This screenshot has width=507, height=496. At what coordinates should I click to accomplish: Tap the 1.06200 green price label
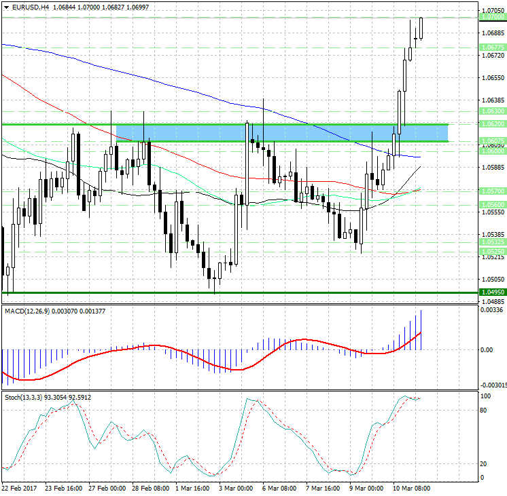491,124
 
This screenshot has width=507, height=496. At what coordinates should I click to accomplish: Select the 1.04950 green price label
491,292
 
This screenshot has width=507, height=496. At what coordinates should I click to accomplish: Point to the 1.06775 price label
491,47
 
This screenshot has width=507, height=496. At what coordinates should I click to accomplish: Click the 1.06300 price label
491,111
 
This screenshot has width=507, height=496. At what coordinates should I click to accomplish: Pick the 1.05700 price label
491,191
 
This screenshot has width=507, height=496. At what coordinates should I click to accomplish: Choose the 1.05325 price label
491,242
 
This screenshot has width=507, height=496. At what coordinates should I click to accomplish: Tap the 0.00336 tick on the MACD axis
492,310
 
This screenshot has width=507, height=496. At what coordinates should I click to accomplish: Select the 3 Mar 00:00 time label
236,488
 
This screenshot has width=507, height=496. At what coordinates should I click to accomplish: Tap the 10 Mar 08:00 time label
412,488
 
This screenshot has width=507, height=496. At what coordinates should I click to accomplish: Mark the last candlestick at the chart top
421,28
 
